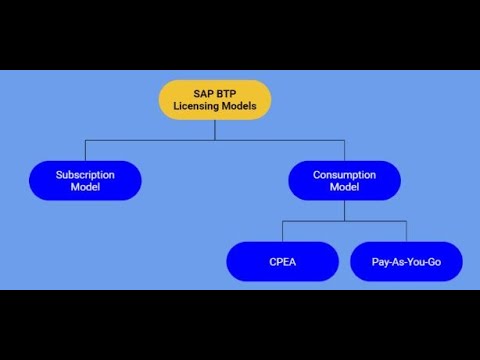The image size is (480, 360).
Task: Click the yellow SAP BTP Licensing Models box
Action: (x=214, y=100)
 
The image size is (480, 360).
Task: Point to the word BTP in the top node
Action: (x=226, y=93)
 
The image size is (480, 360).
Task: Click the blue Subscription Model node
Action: (x=85, y=180)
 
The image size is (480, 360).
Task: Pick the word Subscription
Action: (x=85, y=174)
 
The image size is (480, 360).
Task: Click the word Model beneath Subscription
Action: (x=85, y=187)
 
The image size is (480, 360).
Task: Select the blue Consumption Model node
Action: (x=344, y=180)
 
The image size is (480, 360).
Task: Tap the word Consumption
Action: (x=344, y=174)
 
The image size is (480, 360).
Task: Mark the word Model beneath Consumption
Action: (x=344, y=187)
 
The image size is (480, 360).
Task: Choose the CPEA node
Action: (x=282, y=262)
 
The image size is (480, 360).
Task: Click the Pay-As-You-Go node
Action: (x=406, y=262)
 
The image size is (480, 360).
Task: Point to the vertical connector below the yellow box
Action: (x=214, y=130)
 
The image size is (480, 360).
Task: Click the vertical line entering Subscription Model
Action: (x=85, y=150)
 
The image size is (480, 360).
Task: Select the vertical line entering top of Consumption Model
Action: (x=344, y=150)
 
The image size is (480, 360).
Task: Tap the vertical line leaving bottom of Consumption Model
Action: (x=344, y=210)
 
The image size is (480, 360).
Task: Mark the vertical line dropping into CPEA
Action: (x=282, y=231)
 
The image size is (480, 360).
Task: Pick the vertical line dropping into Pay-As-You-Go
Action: (x=406, y=231)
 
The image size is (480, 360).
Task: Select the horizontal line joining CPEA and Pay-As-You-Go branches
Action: (x=344, y=221)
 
